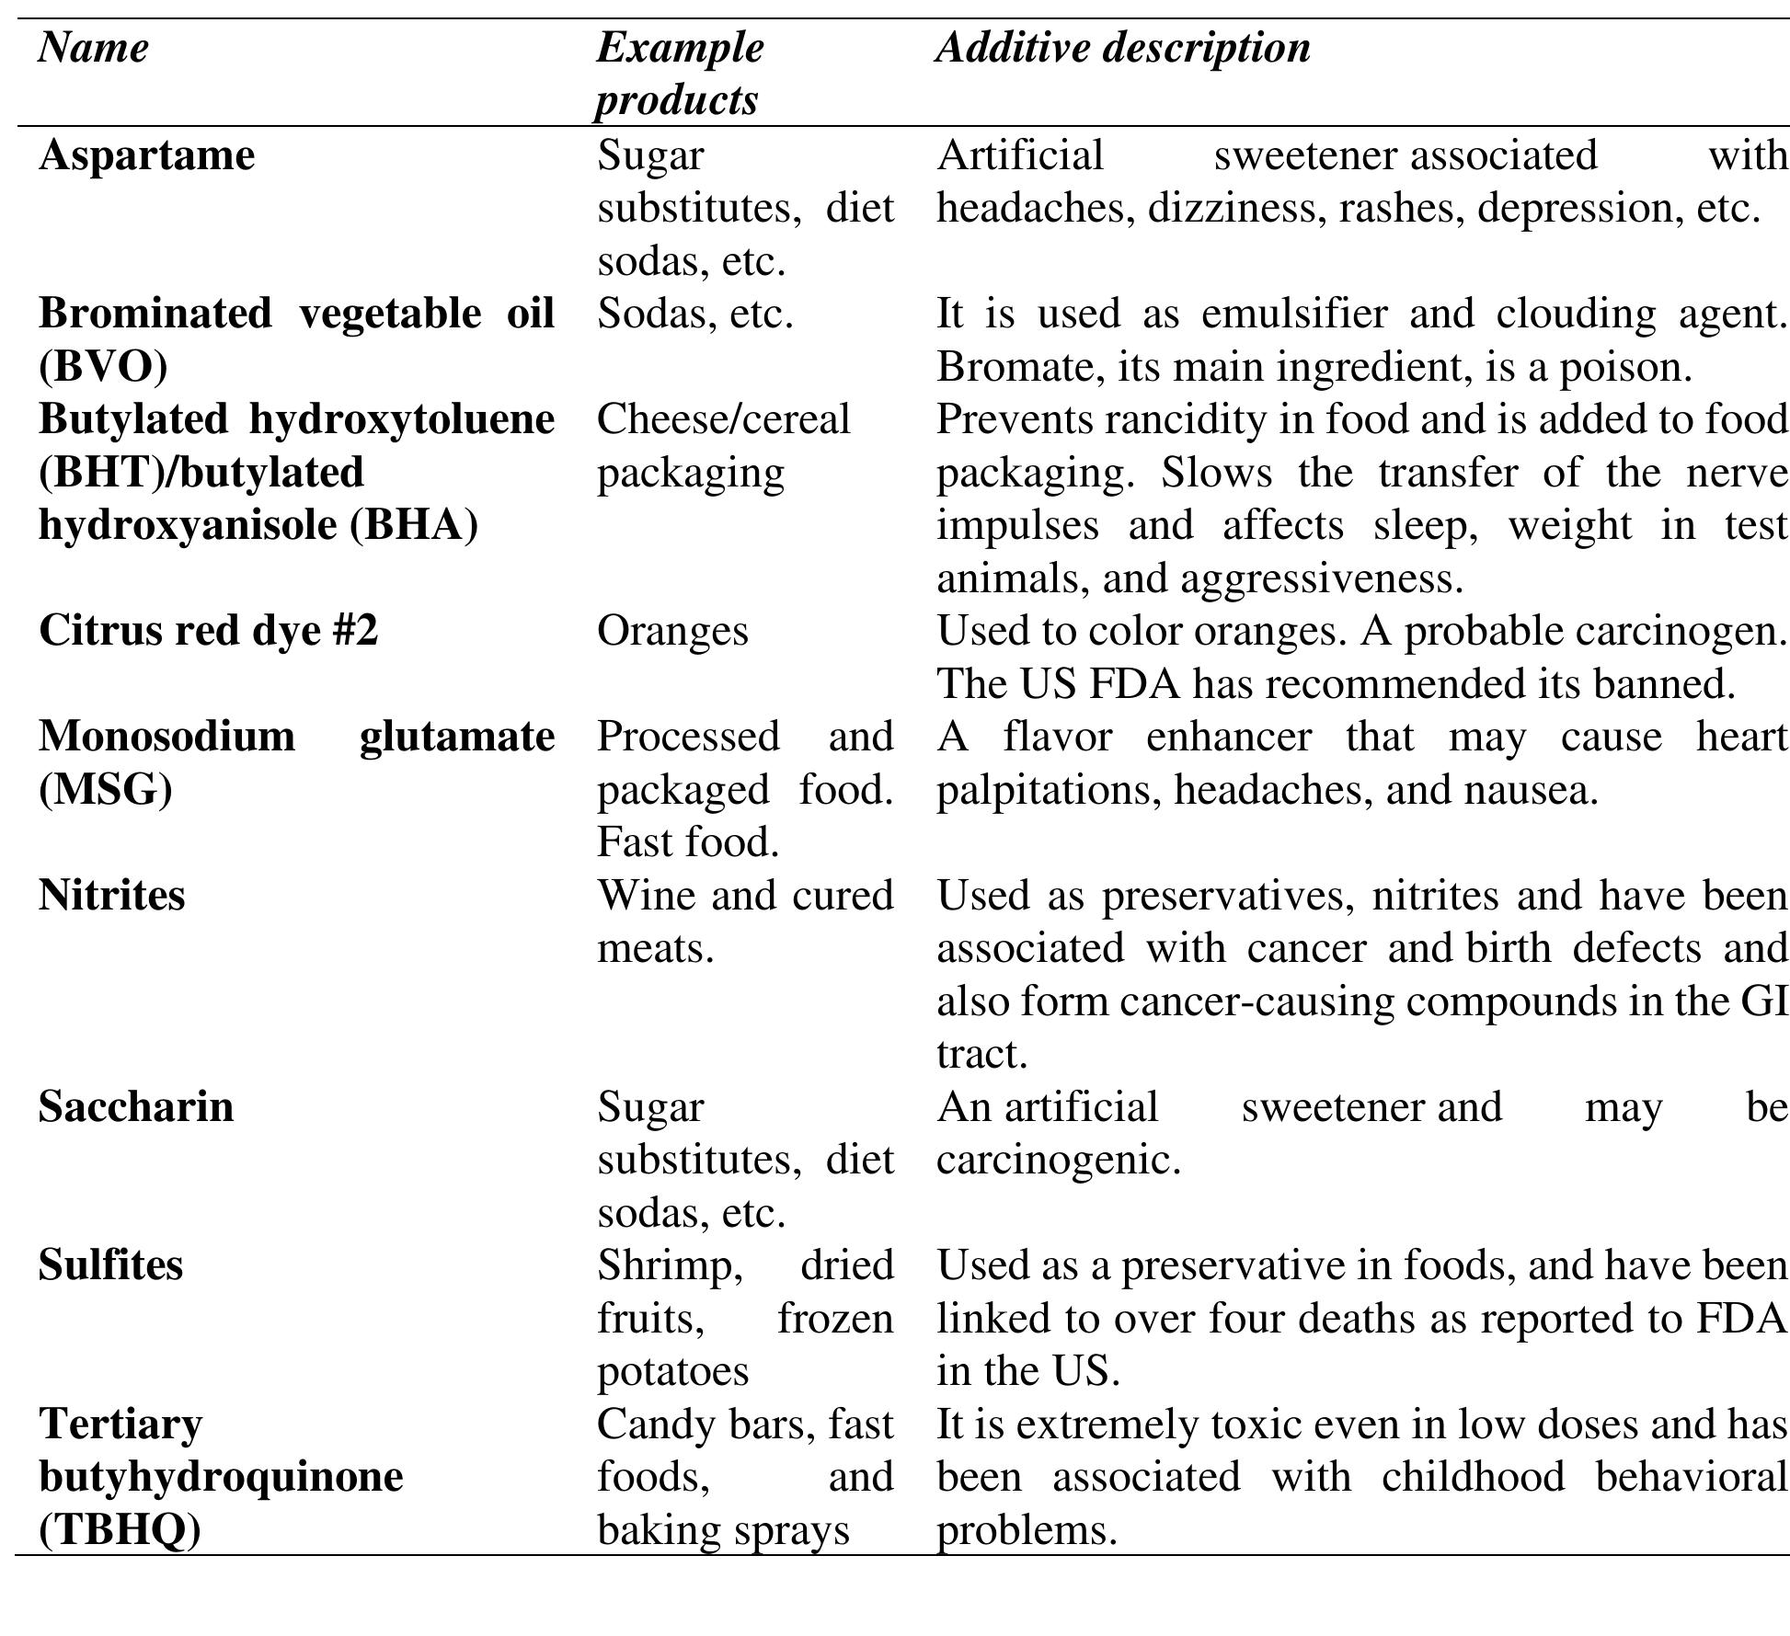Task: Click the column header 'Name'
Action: [x=93, y=48]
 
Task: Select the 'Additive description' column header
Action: [x=1123, y=48]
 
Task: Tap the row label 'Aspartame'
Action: [x=146, y=155]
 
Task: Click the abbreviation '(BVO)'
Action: [x=103, y=367]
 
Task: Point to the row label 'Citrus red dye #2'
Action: [x=208, y=631]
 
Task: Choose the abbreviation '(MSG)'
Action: [x=105, y=790]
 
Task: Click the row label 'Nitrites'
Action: [x=111, y=896]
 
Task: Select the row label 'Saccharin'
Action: [x=136, y=1107]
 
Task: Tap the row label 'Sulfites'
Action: [x=110, y=1265]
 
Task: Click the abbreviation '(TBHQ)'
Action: [x=120, y=1530]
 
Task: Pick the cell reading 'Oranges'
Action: [x=672, y=631]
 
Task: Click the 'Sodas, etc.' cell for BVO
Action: [x=694, y=315]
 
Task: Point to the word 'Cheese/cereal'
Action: [x=723, y=420]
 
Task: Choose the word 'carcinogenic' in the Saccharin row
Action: [x=1058, y=1161]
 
